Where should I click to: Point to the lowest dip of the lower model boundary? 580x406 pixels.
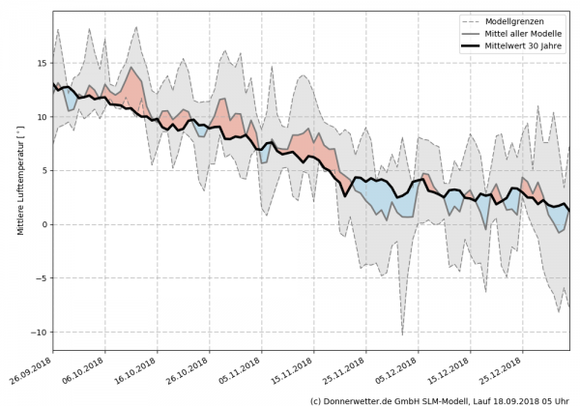[402, 334]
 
